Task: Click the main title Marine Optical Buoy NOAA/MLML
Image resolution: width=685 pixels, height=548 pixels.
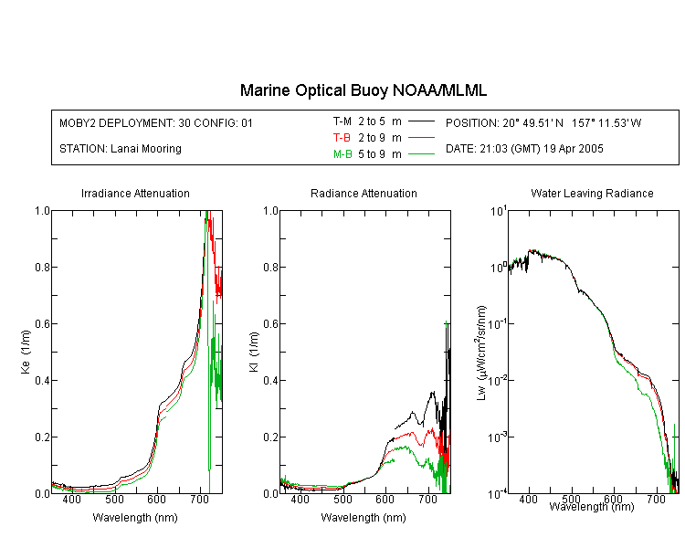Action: pyautogui.click(x=363, y=90)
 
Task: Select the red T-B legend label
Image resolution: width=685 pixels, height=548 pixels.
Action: pyautogui.click(x=342, y=138)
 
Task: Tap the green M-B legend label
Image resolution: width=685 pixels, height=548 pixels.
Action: pyautogui.click(x=342, y=154)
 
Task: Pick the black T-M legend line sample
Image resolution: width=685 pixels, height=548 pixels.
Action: pyautogui.click(x=421, y=121)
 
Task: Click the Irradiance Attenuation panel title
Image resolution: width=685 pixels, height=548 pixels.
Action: pyautogui.click(x=135, y=193)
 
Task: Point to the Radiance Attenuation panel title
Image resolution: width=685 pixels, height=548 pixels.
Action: pyautogui.click(x=364, y=193)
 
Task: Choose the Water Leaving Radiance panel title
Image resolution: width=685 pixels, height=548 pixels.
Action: pyautogui.click(x=592, y=193)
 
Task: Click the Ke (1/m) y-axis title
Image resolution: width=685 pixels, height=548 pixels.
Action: pyautogui.click(x=26, y=352)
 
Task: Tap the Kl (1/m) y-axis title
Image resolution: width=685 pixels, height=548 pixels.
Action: pyautogui.click(x=254, y=352)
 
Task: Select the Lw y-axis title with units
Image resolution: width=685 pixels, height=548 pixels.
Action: pyautogui.click(x=481, y=353)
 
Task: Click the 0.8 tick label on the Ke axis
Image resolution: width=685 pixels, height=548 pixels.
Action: pyautogui.click(x=42, y=267)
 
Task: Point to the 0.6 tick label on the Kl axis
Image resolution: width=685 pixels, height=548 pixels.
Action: pyautogui.click(x=270, y=324)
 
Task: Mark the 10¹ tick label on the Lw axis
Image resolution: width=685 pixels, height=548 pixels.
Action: pyautogui.click(x=499, y=212)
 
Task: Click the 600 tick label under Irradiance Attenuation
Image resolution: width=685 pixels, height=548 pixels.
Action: pyautogui.click(x=156, y=499)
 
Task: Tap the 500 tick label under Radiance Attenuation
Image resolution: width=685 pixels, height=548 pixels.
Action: pyautogui.click(x=342, y=499)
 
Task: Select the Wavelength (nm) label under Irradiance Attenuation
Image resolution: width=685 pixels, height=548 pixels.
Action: pyautogui.click(x=135, y=518)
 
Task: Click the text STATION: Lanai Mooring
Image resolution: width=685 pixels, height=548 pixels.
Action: pyautogui.click(x=121, y=149)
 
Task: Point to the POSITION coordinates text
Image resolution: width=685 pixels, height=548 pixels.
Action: pyautogui.click(x=543, y=122)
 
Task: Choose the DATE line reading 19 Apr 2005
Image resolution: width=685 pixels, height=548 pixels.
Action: pyautogui.click(x=524, y=149)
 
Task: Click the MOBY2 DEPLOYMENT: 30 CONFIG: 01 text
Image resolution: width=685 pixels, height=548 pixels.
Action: pyautogui.click(x=156, y=122)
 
